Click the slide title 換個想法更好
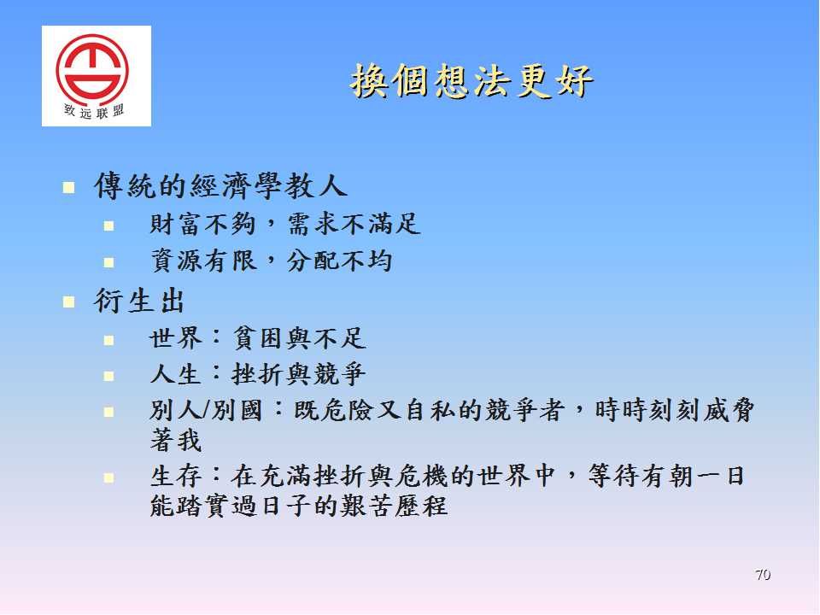[471, 81]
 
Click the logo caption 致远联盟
[94, 111]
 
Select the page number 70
[763, 575]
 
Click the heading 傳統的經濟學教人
[220, 185]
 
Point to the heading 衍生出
[139, 301]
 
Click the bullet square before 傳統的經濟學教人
[68, 187]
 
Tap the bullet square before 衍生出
[68, 302]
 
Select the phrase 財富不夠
[202, 224]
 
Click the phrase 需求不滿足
[354, 224]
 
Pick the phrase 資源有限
[203, 260]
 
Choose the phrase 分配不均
[340, 260]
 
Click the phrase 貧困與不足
[299, 338]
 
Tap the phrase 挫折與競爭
[299, 374]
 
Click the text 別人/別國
[206, 410]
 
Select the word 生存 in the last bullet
[176, 476]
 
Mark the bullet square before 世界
[108, 341]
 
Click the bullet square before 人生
[108, 376]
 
